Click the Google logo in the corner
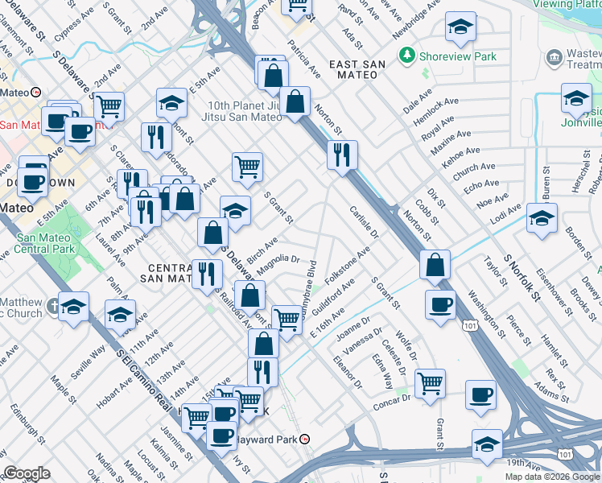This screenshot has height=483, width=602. coord(27,474)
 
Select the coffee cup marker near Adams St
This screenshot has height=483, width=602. coord(480,394)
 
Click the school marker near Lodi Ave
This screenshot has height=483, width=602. coord(542,217)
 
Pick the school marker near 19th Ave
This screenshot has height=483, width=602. coord(487,444)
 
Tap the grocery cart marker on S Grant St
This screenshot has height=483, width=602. coord(248,167)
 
